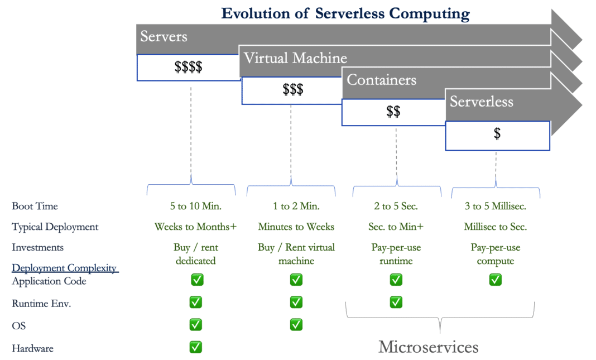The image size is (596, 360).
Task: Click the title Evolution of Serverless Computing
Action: pyautogui.click(x=345, y=13)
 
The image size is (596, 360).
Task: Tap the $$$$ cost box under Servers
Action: pyautogui.click(x=188, y=68)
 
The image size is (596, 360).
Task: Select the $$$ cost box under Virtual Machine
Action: pyautogui.click(x=293, y=90)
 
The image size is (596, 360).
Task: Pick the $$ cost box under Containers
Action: pyautogui.click(x=393, y=112)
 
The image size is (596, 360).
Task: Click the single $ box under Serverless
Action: pyautogui.click(x=497, y=135)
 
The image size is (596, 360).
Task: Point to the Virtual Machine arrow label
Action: pyautogui.click(x=295, y=58)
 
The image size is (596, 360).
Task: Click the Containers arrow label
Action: pyautogui.click(x=381, y=80)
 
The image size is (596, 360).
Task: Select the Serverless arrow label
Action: pyautogui.click(x=481, y=102)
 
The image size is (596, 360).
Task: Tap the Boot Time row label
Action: pyautogui.click(x=35, y=206)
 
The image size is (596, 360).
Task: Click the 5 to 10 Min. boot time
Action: pyautogui.click(x=196, y=206)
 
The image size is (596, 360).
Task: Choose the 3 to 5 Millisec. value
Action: pyautogui.click(x=496, y=206)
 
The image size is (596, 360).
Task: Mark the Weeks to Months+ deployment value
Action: pyautogui.click(x=196, y=227)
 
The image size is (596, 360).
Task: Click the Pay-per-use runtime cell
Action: pyautogui.click(x=396, y=254)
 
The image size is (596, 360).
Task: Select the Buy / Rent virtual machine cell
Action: pyautogui.click(x=296, y=254)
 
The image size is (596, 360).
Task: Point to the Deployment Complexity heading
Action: pyautogui.click(x=64, y=268)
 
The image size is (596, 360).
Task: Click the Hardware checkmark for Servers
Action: pyautogui.click(x=195, y=347)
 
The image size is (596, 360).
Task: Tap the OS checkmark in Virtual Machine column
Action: pyautogui.click(x=296, y=324)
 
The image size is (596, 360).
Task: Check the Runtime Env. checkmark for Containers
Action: pyautogui.click(x=396, y=302)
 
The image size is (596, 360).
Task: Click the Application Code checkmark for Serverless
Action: pyautogui.click(x=496, y=280)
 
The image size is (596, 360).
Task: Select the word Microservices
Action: pyautogui.click(x=428, y=347)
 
